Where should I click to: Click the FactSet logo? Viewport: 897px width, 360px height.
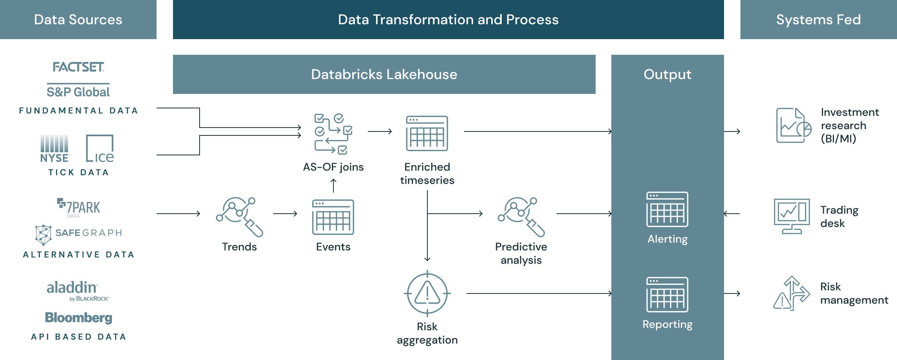(78, 67)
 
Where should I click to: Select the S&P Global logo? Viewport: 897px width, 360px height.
(78, 92)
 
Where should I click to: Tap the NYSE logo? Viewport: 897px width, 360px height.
(55, 149)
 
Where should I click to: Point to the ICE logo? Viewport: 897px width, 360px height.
(100, 149)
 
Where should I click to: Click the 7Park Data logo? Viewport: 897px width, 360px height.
(79, 207)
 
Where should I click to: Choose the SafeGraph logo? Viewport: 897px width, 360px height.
(79, 234)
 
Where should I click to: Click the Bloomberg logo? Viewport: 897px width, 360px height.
(78, 317)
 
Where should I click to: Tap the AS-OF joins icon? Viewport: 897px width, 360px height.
(333, 134)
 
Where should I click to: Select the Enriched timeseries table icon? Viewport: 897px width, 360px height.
(427, 133)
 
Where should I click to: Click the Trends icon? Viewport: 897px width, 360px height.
(240, 216)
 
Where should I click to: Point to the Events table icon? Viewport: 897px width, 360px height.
(333, 217)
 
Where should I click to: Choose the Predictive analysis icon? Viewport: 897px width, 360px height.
(521, 216)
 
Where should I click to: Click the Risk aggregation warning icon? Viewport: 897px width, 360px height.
(427, 293)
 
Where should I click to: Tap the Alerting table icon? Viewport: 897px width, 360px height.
(667, 209)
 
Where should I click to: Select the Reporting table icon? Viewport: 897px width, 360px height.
(667, 295)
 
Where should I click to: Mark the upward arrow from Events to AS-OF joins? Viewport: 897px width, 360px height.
(333, 185)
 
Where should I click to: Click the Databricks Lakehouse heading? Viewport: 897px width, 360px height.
(384, 74)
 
